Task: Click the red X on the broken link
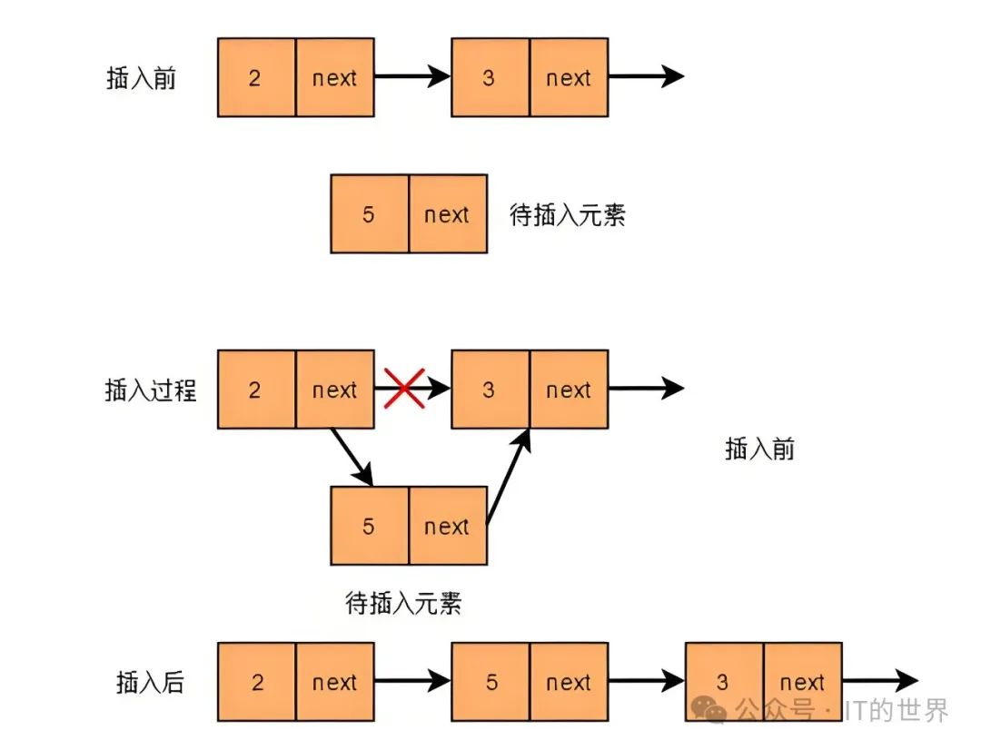tap(404, 389)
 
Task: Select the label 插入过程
tap(151, 390)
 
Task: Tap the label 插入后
tap(151, 682)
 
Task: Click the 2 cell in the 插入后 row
tap(257, 682)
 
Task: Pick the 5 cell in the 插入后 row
tap(491, 682)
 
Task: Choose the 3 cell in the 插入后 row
tap(723, 682)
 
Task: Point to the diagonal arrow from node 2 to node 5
tap(352, 456)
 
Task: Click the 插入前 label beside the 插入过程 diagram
tap(760, 449)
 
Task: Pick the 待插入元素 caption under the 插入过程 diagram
tap(404, 603)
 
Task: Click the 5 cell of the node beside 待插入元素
tap(369, 214)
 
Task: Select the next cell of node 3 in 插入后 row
tap(802, 682)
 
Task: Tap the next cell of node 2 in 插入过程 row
tap(334, 390)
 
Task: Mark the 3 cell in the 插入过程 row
tap(490, 390)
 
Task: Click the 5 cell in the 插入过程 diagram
tap(369, 527)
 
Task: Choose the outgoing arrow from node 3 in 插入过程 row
tap(645, 389)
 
